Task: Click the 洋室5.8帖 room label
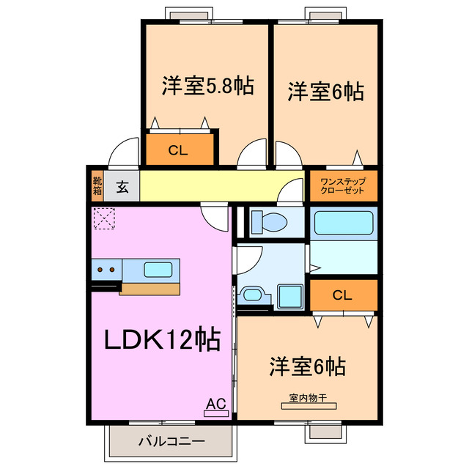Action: pyautogui.click(x=207, y=86)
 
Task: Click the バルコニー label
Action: pyautogui.click(x=171, y=442)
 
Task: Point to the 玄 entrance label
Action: pyautogui.click(x=122, y=187)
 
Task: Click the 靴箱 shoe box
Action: pyautogui.click(x=97, y=186)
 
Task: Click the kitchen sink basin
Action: pyautogui.click(x=158, y=270)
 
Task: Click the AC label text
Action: pyautogui.click(x=215, y=402)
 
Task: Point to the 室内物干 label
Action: pyautogui.click(x=307, y=400)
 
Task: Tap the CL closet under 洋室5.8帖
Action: pyautogui.click(x=179, y=151)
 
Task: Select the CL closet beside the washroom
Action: pyautogui.click(x=342, y=296)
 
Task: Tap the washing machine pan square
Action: pyautogui.click(x=290, y=295)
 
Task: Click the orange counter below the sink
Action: pyautogui.click(x=150, y=288)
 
